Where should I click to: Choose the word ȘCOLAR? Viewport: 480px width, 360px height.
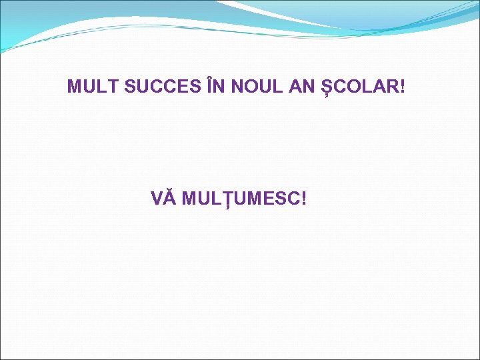pyautogui.click(x=360, y=87)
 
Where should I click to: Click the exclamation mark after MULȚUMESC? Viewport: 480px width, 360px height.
pyautogui.click(x=304, y=199)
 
